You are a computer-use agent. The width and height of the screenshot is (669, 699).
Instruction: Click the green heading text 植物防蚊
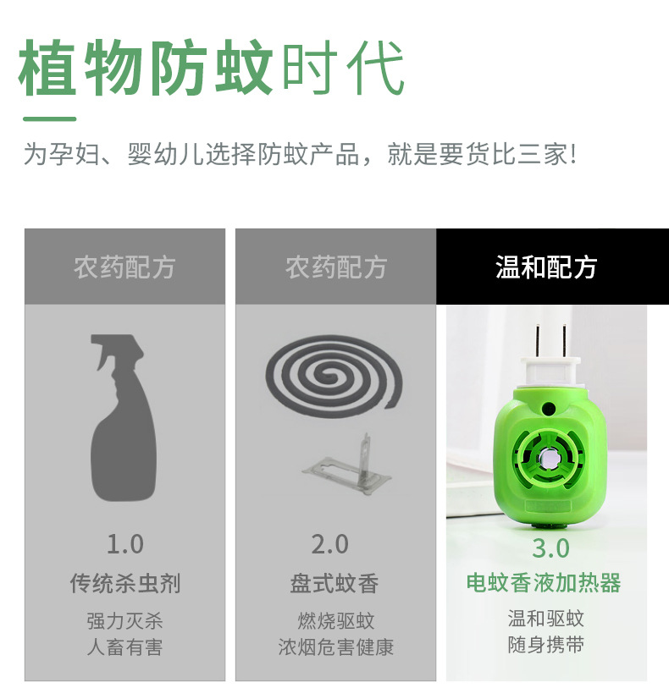click(x=146, y=66)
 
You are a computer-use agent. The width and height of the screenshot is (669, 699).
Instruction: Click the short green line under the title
click(x=50, y=119)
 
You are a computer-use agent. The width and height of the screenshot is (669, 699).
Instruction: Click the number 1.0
click(x=124, y=543)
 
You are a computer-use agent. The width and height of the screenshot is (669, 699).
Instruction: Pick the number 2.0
click(x=330, y=544)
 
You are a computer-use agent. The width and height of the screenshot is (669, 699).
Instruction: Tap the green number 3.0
click(x=550, y=548)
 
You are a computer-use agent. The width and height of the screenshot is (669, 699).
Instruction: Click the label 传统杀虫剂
click(x=124, y=584)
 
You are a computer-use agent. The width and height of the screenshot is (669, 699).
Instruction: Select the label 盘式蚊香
click(x=334, y=584)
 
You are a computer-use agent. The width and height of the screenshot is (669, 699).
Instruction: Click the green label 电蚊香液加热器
click(x=544, y=583)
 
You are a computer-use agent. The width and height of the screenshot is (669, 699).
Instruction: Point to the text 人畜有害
click(x=124, y=647)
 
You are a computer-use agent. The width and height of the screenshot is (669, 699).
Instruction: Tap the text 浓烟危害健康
click(x=335, y=647)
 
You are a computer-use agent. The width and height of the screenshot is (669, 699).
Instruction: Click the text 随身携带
click(x=545, y=645)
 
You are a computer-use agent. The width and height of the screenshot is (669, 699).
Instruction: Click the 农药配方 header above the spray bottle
click(x=124, y=267)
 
